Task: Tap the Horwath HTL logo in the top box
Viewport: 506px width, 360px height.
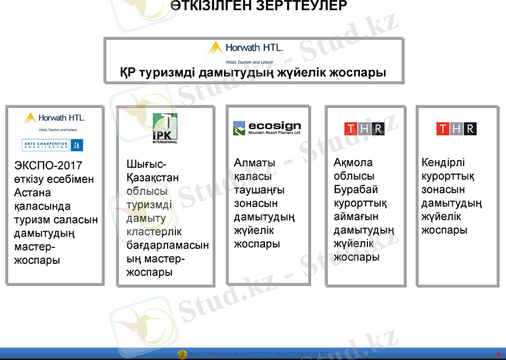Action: (x=246, y=48)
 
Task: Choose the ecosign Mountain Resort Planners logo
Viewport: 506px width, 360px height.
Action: (x=266, y=128)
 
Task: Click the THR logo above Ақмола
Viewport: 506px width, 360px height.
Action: (x=364, y=129)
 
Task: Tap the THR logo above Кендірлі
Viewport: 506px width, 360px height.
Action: (x=456, y=129)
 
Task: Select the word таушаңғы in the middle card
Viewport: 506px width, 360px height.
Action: (x=259, y=190)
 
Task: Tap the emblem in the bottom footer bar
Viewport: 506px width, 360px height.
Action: (x=182, y=354)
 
